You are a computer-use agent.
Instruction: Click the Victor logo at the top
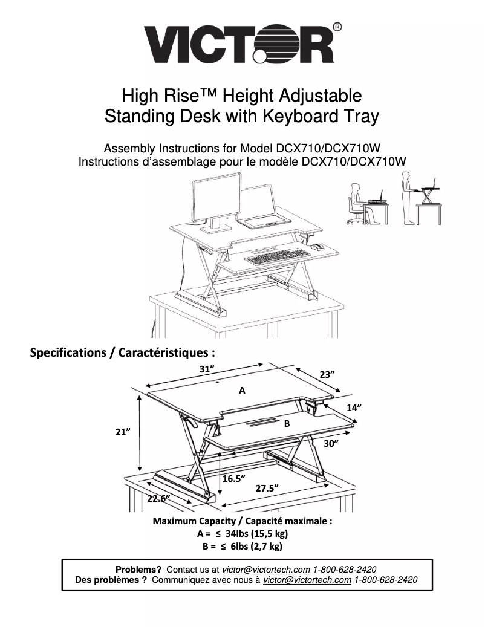239,44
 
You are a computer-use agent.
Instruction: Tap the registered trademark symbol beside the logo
337,27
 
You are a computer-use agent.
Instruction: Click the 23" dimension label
328,374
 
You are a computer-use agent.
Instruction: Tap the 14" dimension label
354,408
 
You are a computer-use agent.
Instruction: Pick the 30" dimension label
330,444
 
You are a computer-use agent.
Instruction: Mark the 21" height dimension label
124,432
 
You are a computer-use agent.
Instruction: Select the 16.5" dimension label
233,478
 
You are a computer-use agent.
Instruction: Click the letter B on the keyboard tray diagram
287,424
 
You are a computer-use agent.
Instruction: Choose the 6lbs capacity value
239,547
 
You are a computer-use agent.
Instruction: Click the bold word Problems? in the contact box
138,570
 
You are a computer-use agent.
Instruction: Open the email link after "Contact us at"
266,570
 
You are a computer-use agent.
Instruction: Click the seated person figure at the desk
355,202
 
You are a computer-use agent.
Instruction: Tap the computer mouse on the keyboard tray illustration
317,246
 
